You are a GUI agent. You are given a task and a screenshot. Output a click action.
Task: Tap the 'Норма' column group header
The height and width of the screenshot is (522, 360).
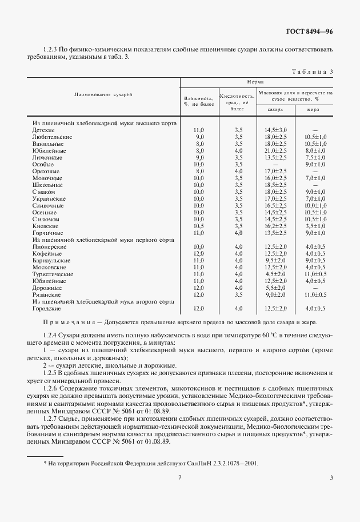[x=255, y=82]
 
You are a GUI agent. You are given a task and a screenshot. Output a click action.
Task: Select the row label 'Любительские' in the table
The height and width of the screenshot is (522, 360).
[x=52, y=137]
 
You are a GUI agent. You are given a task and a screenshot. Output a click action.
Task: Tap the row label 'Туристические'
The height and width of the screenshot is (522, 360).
[x=53, y=274]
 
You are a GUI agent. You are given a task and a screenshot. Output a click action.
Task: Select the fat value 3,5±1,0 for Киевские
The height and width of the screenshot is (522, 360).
[x=315, y=226]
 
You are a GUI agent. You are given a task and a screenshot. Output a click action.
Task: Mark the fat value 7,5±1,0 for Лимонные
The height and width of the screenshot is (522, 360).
[x=315, y=158]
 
